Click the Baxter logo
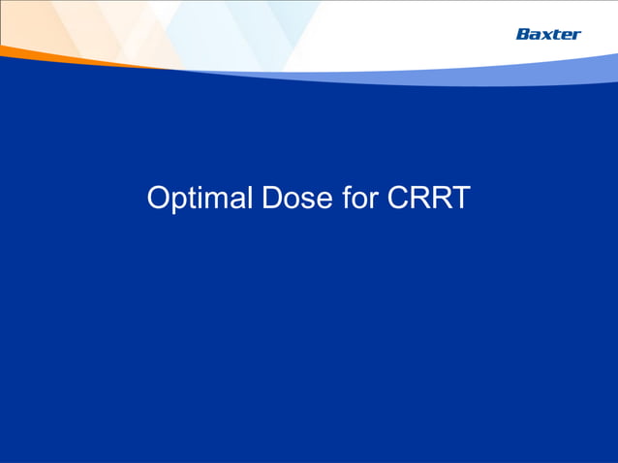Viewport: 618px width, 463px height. [548, 34]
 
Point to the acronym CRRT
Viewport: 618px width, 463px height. [429, 199]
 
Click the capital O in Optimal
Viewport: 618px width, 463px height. [158, 199]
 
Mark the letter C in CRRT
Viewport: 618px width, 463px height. [398, 199]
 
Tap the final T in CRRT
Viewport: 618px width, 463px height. [460, 199]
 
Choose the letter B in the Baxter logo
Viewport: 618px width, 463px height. [522, 34]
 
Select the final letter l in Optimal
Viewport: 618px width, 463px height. [247, 199]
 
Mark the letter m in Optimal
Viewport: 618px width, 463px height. [216, 201]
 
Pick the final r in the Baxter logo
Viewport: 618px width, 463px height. [577, 35]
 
